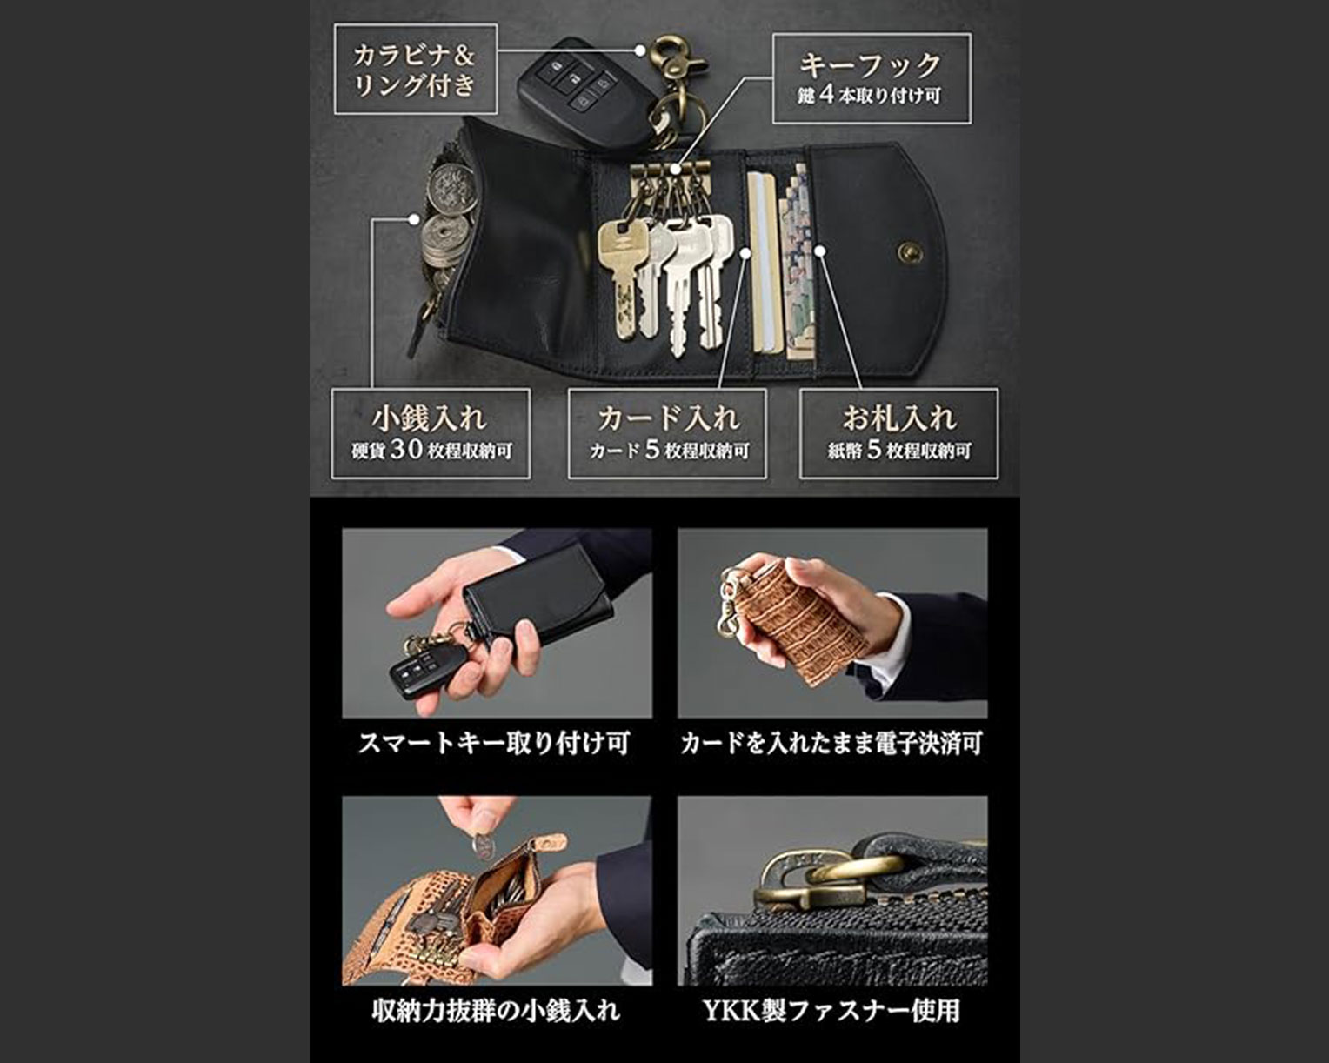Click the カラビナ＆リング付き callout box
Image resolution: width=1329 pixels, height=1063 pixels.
point(416,70)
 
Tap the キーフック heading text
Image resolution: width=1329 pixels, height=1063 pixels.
point(871,64)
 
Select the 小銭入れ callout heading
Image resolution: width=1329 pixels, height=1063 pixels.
point(430,418)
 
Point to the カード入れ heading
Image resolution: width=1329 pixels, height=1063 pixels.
point(668,418)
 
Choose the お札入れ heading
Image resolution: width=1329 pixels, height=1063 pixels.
point(899,418)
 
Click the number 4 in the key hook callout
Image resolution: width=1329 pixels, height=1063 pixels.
point(827,95)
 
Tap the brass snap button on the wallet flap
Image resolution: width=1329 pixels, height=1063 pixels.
point(909,252)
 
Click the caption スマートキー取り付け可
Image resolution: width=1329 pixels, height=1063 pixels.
point(494,743)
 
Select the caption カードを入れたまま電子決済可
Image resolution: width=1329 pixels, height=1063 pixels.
point(831,743)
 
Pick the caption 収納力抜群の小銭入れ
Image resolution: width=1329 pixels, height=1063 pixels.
point(495,1011)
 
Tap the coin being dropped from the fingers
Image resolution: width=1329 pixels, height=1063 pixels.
point(484,845)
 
